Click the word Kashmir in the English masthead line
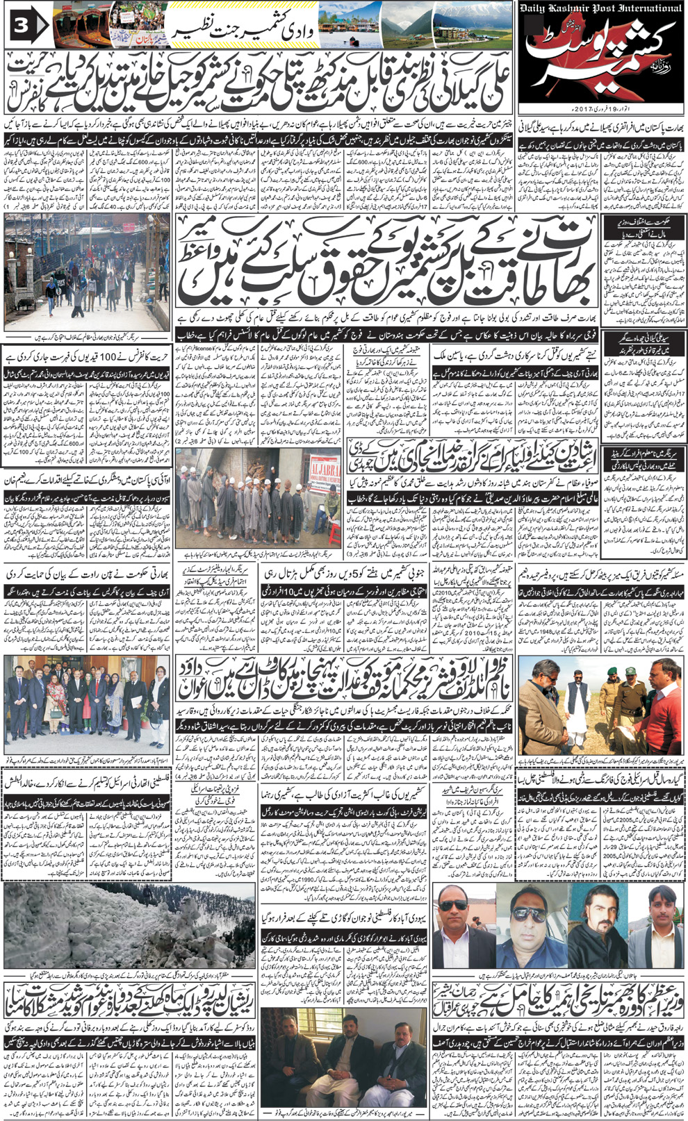582,8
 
